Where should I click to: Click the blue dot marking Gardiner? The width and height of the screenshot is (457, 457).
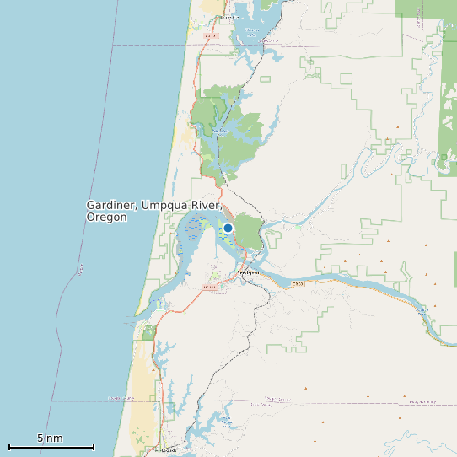[x=228, y=228]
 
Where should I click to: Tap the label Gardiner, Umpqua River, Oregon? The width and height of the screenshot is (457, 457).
[x=153, y=211]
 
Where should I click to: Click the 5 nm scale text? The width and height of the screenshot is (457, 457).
[x=50, y=438]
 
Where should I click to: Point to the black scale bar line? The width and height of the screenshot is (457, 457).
[x=51, y=447]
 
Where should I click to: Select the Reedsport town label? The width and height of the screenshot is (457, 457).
[x=249, y=273]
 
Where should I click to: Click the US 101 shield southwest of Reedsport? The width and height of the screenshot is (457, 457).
[x=210, y=288]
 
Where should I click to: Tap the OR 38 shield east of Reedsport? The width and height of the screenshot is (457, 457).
[x=298, y=284]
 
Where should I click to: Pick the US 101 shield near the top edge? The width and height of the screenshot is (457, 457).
[x=211, y=36]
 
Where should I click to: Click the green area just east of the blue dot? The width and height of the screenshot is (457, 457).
[x=249, y=229]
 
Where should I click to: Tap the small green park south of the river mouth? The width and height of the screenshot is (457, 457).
[x=149, y=333]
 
